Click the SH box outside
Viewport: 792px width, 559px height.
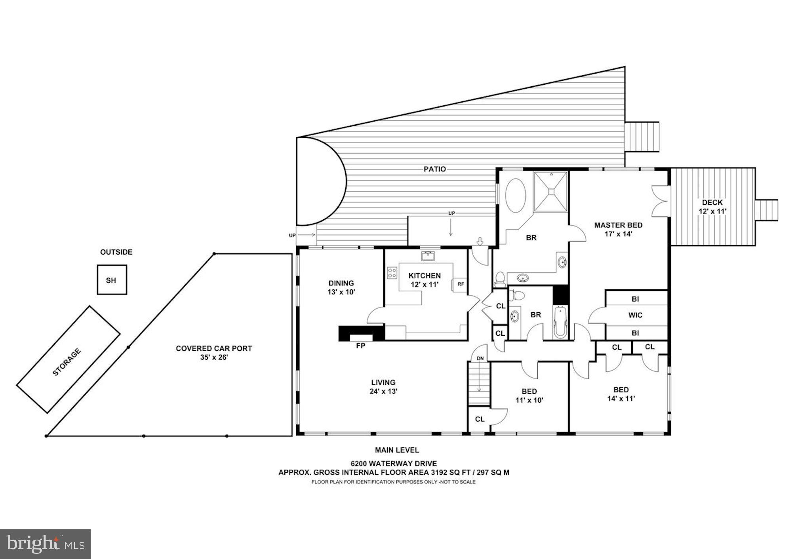point(112,280)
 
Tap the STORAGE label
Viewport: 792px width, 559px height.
point(67,361)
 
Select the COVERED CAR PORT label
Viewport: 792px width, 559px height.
point(214,348)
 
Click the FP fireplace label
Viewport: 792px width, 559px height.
point(360,346)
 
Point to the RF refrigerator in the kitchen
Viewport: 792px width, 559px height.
point(461,284)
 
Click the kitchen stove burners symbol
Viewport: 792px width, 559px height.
point(392,272)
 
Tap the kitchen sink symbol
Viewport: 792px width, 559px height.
point(428,256)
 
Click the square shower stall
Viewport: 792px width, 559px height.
point(551,192)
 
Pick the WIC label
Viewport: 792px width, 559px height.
point(635,315)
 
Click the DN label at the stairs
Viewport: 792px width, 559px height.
point(480,358)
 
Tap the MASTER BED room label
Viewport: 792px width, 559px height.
point(618,225)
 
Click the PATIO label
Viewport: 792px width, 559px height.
point(434,169)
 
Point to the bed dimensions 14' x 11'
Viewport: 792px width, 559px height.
point(621,399)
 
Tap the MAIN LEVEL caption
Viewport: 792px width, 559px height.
point(397,450)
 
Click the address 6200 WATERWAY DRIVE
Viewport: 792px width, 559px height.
point(394,464)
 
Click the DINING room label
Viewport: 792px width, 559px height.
point(341,283)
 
